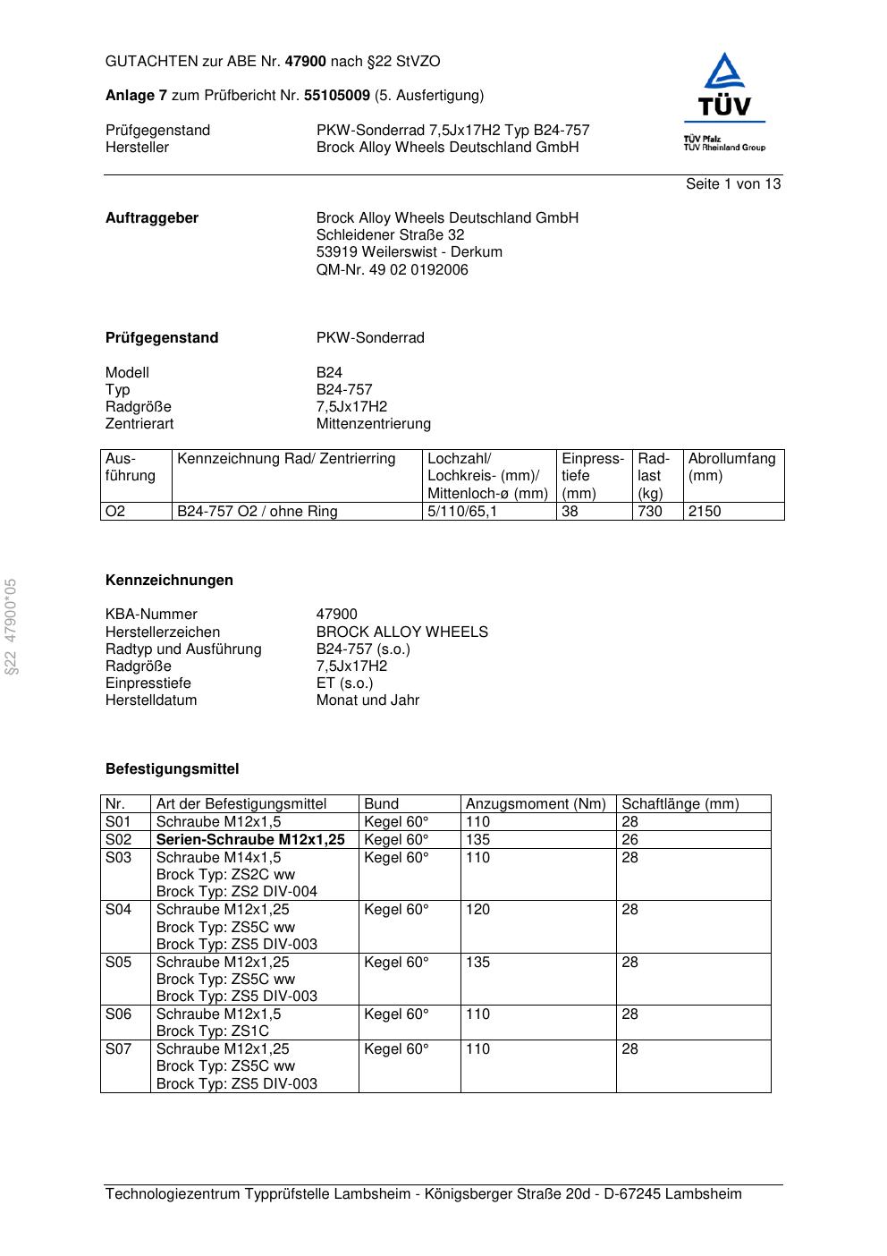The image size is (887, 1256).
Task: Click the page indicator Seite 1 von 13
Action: click(732, 184)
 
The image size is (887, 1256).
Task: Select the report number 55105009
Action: click(337, 95)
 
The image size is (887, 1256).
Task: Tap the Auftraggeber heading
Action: click(152, 218)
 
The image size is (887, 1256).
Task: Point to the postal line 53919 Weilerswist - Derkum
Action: click(409, 252)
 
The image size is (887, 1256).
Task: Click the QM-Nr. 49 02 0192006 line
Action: click(392, 269)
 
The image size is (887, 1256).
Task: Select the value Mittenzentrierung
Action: click(373, 423)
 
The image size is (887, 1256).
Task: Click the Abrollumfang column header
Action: click(731, 459)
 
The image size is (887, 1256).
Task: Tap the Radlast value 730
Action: click(650, 512)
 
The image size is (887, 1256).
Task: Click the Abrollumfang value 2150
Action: click(705, 512)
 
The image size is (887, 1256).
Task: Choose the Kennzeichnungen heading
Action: click(169, 581)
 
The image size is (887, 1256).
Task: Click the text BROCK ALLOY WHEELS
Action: click(401, 632)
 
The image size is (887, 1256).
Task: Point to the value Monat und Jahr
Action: click(367, 700)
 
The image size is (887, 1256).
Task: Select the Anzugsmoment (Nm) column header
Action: click(536, 804)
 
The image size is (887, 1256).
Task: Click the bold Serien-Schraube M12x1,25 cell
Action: click(250, 840)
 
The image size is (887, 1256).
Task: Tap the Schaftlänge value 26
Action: click(630, 840)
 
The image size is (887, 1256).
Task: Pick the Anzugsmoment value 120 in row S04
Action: click(477, 910)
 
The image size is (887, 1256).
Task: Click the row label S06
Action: click(118, 1014)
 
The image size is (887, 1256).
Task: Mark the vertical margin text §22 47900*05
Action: click(12, 627)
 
